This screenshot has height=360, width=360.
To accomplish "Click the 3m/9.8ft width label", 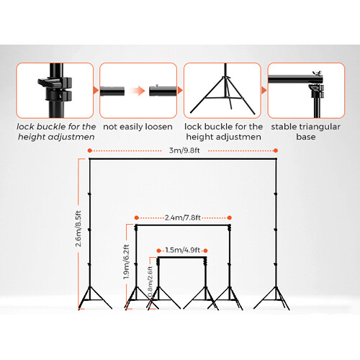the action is pyautogui.click(x=184, y=150).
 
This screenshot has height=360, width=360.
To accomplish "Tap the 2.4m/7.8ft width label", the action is pyautogui.click(x=183, y=217).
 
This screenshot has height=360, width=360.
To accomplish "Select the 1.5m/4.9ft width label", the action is pyautogui.click(x=182, y=251).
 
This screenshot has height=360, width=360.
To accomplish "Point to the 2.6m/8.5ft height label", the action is pyautogui.click(x=78, y=229).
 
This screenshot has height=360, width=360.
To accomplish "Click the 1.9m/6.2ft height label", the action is pyautogui.click(x=127, y=261).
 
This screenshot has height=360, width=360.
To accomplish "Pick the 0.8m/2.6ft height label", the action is pyautogui.click(x=150, y=282).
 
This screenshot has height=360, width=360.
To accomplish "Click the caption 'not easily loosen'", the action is pyautogui.click(x=138, y=127).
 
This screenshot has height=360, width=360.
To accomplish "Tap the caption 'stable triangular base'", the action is pyautogui.click(x=306, y=132).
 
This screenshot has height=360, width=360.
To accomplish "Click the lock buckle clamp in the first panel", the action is pyautogui.click(x=55, y=89).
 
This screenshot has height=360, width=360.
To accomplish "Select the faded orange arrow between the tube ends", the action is pyautogui.click(x=137, y=91).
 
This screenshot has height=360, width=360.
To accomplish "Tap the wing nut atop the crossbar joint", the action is pyautogui.click(x=317, y=73).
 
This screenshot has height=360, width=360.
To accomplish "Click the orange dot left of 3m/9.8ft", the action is pyautogui.click(x=90, y=150).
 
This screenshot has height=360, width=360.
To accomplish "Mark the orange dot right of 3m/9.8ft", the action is pyautogui.click(x=276, y=150).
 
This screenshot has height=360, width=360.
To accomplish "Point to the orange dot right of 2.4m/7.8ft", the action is pyautogui.click(x=230, y=217).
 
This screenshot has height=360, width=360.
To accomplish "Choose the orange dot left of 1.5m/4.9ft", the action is pyautogui.click(x=158, y=251).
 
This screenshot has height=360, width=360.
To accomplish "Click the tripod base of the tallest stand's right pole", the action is pyautogui.click(x=272, y=298).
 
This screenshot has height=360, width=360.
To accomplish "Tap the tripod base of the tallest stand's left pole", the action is pyautogui.click(x=94, y=298).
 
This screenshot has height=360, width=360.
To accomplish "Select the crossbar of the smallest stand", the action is pyautogui.click(x=182, y=257).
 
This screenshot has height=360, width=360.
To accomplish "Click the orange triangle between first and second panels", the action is pyautogui.click(x=96, y=91).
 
